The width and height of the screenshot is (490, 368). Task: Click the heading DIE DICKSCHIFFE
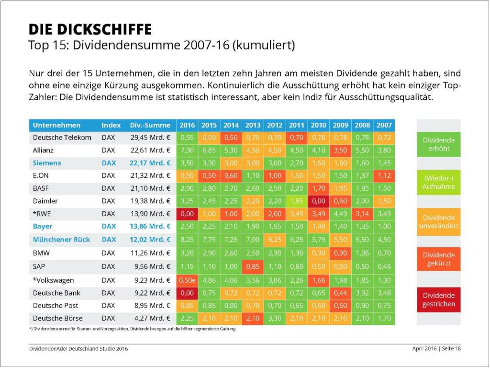point(90,30)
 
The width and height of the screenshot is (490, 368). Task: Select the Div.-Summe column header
point(150,125)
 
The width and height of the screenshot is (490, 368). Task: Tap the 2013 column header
point(253,125)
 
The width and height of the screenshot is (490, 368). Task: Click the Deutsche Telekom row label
point(62,138)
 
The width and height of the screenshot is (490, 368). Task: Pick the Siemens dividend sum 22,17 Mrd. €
point(150,163)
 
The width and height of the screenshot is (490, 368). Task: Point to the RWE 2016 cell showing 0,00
point(187,213)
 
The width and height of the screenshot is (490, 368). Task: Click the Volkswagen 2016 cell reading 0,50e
point(187,280)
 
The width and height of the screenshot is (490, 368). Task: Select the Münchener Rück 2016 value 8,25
point(187,239)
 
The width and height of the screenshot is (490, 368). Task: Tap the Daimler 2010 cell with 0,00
point(319,201)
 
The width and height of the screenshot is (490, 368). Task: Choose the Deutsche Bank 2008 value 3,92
point(362,293)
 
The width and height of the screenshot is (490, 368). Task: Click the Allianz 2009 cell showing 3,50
point(340,150)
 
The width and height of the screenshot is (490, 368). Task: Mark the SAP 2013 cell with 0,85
point(253,266)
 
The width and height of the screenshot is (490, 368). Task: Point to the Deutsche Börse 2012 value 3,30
point(275,318)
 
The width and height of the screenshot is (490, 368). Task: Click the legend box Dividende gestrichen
point(439,299)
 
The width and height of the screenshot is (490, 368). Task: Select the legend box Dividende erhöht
point(439,144)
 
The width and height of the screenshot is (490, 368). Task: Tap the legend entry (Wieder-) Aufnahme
point(439,182)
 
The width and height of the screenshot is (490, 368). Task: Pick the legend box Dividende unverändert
point(439,221)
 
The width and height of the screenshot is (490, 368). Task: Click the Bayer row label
point(43,226)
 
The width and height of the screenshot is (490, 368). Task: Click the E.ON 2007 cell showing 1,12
point(384,175)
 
